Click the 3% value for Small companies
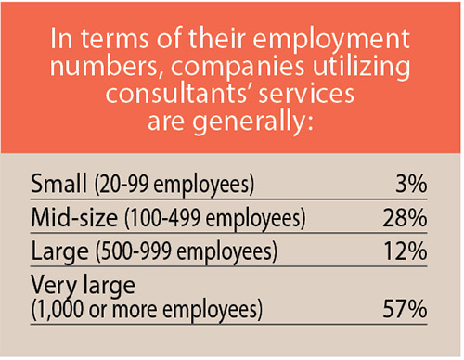point(411,184)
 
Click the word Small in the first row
point(55,184)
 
